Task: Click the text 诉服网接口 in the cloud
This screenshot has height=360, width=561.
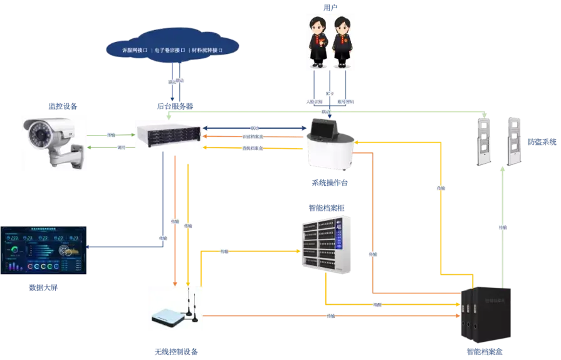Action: pos(133,49)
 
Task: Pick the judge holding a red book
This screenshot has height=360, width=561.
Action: pos(320,41)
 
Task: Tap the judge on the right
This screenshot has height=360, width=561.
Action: pos(342,41)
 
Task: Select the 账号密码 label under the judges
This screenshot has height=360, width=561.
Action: pos(345,101)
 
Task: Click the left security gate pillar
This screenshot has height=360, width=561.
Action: pos(484,140)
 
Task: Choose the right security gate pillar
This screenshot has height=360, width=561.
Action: pos(515,140)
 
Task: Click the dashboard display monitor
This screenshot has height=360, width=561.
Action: pos(45,251)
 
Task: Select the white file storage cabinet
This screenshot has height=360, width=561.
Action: pos(326,245)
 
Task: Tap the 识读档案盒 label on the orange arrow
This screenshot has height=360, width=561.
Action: pos(253,137)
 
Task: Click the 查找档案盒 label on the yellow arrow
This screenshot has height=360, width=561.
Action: pos(253,148)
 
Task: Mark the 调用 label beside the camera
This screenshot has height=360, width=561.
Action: pos(111,147)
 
